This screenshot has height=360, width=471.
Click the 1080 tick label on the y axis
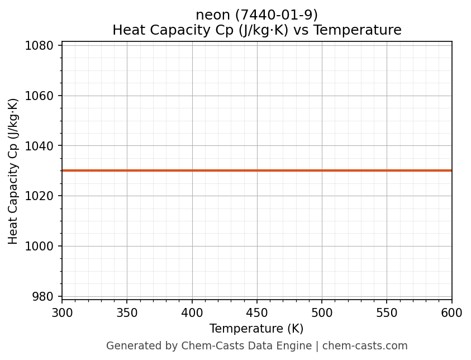(42, 45)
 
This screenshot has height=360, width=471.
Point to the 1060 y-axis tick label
(42, 96)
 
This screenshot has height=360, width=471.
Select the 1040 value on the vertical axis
(42, 146)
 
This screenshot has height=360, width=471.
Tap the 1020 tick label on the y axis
(42, 196)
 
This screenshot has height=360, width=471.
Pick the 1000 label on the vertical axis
(42, 247)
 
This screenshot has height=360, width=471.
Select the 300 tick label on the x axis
(62, 313)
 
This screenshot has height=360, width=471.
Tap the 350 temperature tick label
(127, 313)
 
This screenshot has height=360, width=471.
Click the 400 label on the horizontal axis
(192, 313)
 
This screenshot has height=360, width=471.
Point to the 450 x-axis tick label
(257, 313)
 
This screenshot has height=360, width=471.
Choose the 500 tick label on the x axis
(322, 313)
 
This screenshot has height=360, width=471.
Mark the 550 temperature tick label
(387, 313)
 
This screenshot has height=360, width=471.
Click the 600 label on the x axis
(451, 313)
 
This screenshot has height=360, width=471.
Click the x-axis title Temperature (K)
(256, 329)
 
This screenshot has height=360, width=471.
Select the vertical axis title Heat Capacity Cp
(13, 171)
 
